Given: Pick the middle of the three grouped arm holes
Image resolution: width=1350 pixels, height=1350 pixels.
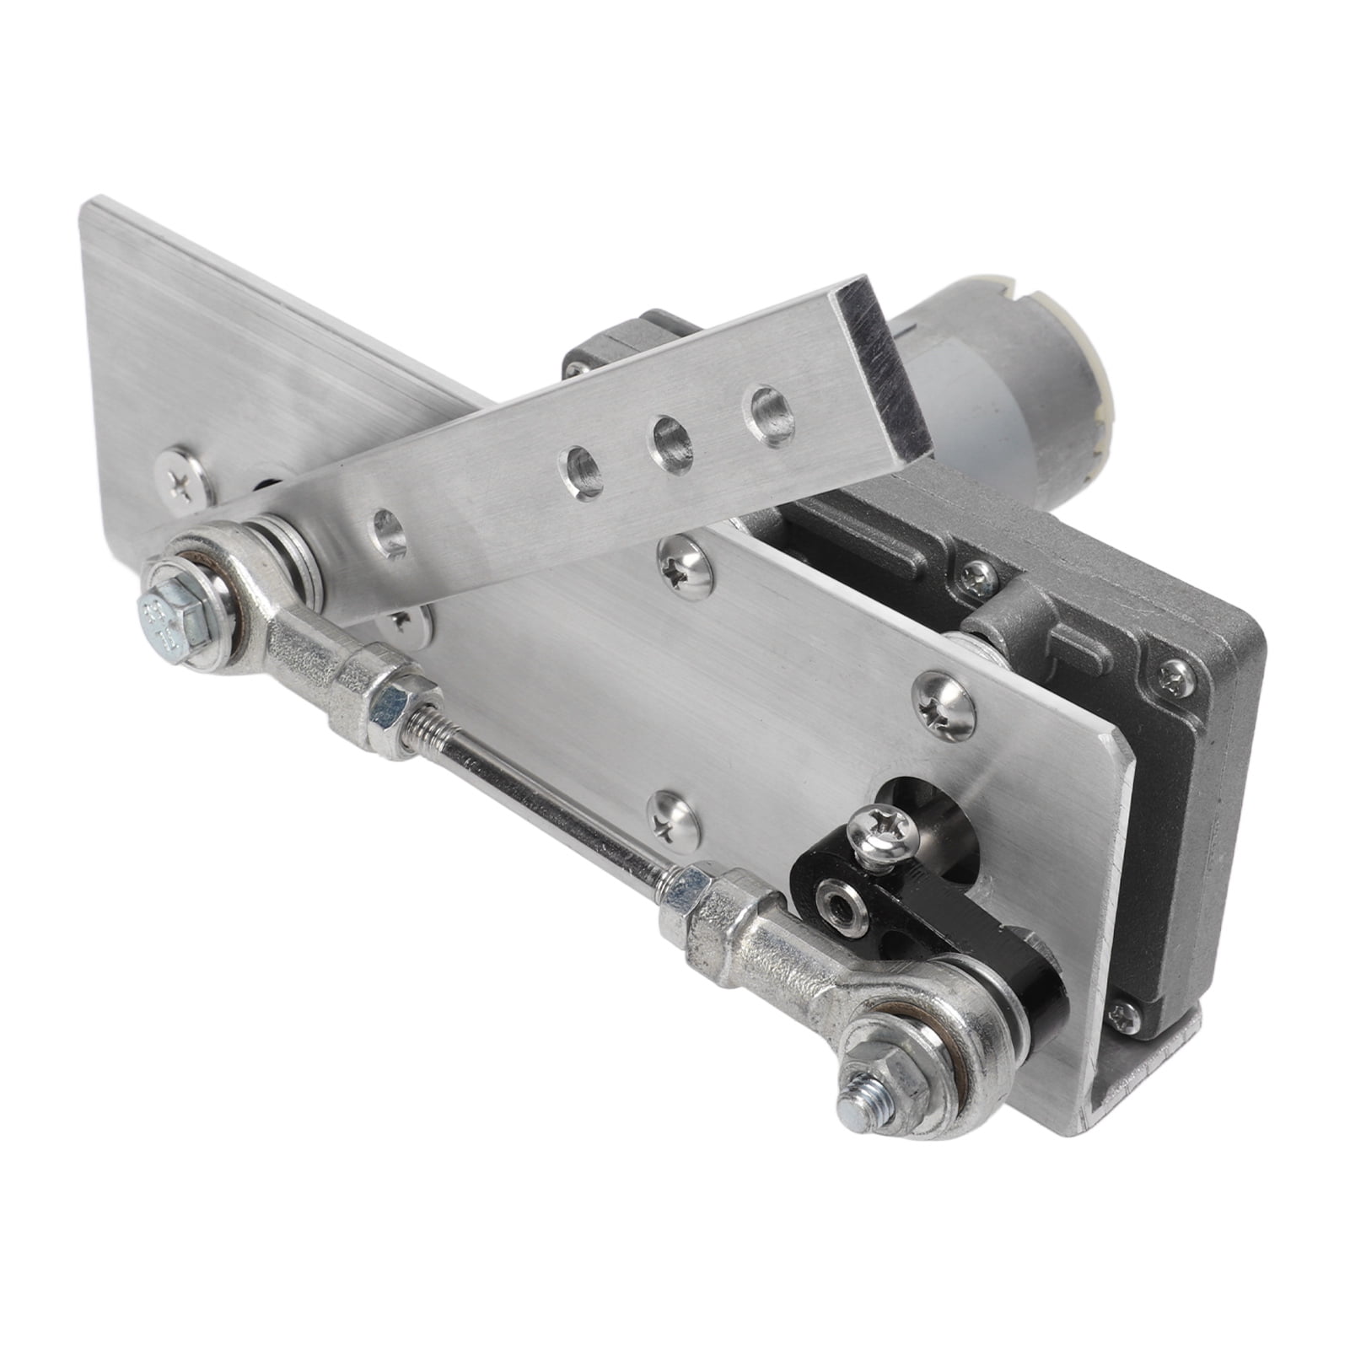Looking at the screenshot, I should tap(671, 435).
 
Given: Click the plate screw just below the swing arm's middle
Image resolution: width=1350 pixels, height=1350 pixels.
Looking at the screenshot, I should tap(686, 562).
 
